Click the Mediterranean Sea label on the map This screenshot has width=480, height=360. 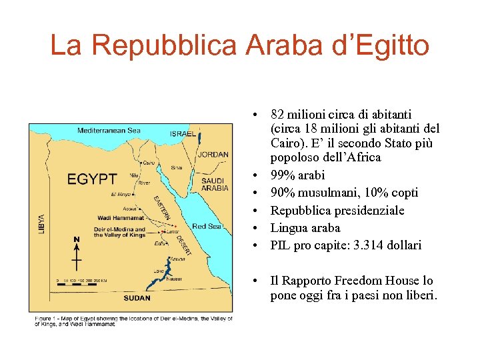[x=109, y=131]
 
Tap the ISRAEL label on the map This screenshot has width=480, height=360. [x=182, y=134]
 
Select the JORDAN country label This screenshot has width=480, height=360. [x=213, y=155]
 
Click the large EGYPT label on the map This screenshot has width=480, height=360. [x=92, y=179]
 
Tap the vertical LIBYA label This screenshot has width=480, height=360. [x=42, y=223]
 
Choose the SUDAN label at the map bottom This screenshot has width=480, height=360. [x=137, y=297]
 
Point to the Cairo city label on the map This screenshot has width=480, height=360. [x=149, y=162]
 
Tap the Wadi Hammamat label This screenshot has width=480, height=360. [x=121, y=217]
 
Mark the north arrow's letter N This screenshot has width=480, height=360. [x=77, y=239]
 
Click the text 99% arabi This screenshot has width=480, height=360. [x=297, y=175]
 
